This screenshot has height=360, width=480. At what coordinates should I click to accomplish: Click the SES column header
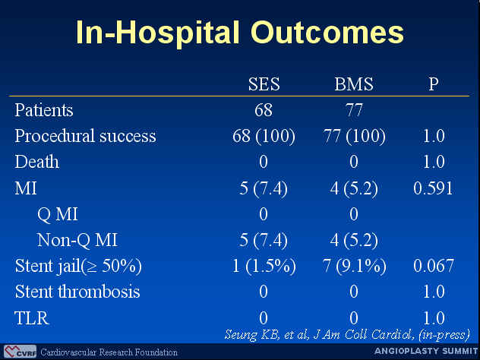pyautogui.click(x=264, y=84)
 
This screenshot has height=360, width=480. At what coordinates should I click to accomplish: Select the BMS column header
pyautogui.click(x=354, y=84)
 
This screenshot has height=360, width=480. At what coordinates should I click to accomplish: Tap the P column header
pyautogui.click(x=434, y=84)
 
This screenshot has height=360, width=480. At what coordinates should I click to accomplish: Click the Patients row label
pyautogui.click(x=44, y=110)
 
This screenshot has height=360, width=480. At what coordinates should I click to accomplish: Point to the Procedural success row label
pyautogui.click(x=85, y=137)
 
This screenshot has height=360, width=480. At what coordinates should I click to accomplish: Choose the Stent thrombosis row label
pyautogui.click(x=77, y=291)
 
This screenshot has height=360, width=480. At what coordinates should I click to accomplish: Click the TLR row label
pyautogui.click(x=32, y=318)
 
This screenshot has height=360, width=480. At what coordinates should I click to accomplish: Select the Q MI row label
pyautogui.click(x=58, y=214)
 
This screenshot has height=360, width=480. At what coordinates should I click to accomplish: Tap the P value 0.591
pyautogui.click(x=433, y=188)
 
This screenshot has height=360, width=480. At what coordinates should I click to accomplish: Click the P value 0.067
pyautogui.click(x=434, y=265)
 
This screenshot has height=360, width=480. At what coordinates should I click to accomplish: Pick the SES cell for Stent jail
pyautogui.click(x=264, y=266)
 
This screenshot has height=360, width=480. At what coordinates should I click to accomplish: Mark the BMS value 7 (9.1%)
pyautogui.click(x=354, y=266)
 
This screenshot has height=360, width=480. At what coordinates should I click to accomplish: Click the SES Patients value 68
pyautogui.click(x=264, y=110)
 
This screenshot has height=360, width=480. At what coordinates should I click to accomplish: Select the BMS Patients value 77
pyautogui.click(x=354, y=110)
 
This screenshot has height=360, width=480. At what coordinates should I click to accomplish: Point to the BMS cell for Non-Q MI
pyautogui.click(x=354, y=240)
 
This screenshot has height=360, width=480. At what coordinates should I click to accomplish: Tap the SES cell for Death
pyautogui.click(x=264, y=162)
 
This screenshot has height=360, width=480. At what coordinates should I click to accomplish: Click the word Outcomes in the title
pyautogui.click(x=327, y=33)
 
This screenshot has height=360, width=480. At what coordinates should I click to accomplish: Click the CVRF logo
pyautogui.click(x=21, y=352)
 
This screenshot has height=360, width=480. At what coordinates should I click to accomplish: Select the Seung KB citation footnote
pyautogui.click(x=347, y=335)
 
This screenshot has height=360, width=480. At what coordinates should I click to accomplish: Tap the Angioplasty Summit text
pyautogui.click(x=426, y=351)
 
